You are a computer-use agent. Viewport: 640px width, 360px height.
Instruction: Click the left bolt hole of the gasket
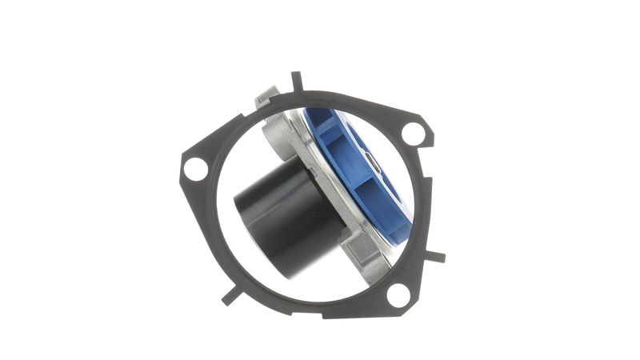click(194, 168)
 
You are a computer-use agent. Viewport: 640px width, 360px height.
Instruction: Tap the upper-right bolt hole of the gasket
click(414, 133)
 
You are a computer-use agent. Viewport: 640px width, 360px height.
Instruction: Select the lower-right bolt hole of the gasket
click(398, 295)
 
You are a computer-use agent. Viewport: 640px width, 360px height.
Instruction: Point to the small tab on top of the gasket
click(297, 81)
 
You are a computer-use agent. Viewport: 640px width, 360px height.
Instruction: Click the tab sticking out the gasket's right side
click(435, 257)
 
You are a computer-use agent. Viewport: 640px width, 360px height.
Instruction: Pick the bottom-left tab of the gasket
click(230, 294)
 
